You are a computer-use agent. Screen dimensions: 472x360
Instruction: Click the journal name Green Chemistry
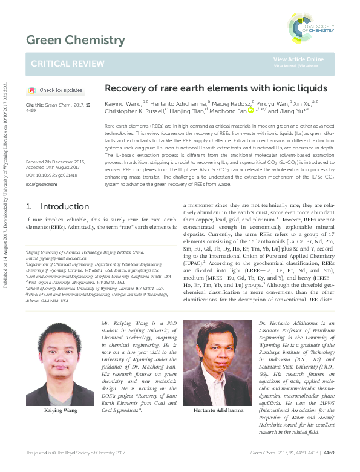(74, 41)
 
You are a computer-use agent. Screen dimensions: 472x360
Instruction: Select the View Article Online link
(298, 59)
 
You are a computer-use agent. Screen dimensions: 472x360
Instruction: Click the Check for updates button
(56, 90)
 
